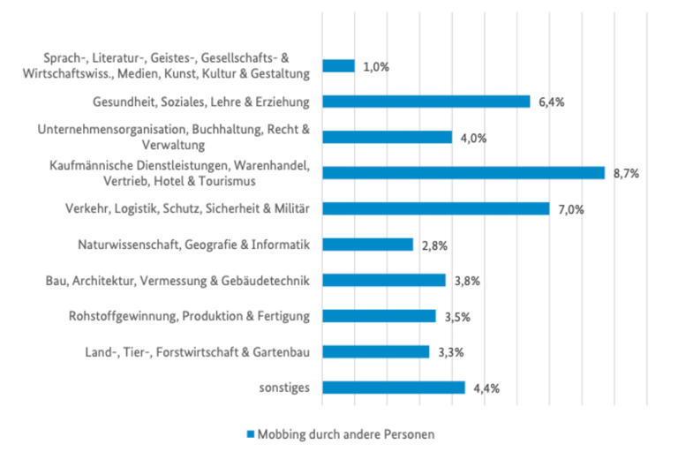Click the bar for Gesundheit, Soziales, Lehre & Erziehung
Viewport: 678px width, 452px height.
[x=426, y=102]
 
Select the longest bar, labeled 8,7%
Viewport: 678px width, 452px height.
[x=463, y=173]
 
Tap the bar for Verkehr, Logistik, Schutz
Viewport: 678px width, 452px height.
[x=435, y=208]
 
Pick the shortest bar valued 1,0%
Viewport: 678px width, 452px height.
[x=338, y=66]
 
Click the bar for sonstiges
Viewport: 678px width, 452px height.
[x=393, y=387]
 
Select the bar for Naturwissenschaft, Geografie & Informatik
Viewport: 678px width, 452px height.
[x=367, y=245]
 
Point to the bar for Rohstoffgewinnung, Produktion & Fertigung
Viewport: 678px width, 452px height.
[x=379, y=316]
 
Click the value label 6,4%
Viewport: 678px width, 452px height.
[x=551, y=102]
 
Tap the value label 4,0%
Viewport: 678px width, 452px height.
[x=473, y=138]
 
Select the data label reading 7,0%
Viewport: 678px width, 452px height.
[x=571, y=209]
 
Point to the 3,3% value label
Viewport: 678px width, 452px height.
[x=451, y=352]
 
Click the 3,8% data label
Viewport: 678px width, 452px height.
[x=467, y=281]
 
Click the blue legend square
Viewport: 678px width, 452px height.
[x=250, y=434]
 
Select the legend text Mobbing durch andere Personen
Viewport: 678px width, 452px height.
[x=346, y=434]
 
